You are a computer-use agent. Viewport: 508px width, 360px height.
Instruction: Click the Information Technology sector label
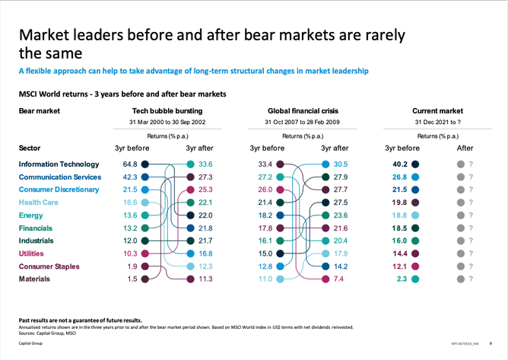click(x=59, y=164)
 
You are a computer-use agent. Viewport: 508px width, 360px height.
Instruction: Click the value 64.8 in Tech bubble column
click(x=130, y=164)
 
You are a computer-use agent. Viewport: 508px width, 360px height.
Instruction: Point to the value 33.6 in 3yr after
click(x=205, y=164)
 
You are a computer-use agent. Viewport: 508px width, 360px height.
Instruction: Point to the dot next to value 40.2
click(x=415, y=164)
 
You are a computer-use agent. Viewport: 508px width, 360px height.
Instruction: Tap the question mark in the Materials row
click(x=471, y=279)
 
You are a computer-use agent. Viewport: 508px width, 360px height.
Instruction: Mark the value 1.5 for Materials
click(x=132, y=279)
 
